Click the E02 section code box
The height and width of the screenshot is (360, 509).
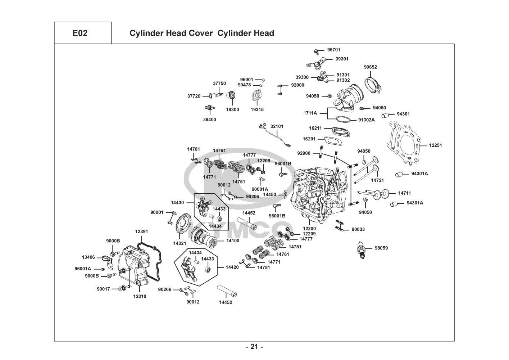(80, 33)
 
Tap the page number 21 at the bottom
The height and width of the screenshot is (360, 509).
(254, 347)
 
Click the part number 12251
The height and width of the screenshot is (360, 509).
(435, 145)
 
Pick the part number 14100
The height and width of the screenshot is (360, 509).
(232, 240)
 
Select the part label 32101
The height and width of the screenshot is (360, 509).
(277, 126)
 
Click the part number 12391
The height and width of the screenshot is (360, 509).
(141, 231)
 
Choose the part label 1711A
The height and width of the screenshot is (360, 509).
(310, 113)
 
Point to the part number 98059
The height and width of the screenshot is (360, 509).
(381, 248)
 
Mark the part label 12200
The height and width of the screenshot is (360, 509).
(309, 229)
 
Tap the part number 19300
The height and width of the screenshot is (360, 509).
(232, 110)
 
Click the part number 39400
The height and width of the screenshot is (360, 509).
(210, 120)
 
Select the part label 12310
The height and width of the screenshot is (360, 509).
(140, 296)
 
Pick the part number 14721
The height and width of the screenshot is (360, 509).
(378, 180)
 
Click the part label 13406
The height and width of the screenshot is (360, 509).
(88, 257)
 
